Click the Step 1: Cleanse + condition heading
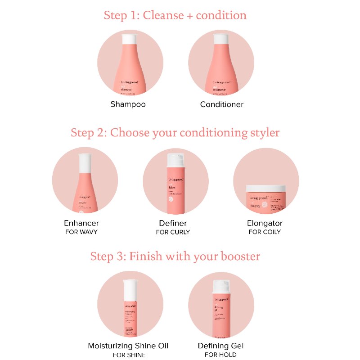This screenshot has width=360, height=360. (175, 15)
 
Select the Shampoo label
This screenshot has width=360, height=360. (128, 104)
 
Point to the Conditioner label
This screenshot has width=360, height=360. (222, 104)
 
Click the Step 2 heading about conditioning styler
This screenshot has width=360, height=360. (175, 133)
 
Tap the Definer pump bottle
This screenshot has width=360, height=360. (175, 184)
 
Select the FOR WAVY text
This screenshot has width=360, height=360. (81, 232)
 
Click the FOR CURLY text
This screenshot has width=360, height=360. (173, 232)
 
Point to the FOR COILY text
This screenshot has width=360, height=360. (265, 232)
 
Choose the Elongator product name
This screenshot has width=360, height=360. (265, 223)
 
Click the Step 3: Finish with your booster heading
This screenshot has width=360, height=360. (175, 256)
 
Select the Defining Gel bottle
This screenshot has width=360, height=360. (221, 310)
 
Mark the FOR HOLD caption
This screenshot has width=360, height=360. (220, 355)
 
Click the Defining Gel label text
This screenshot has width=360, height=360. (220, 346)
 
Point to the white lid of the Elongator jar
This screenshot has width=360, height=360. (266, 187)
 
